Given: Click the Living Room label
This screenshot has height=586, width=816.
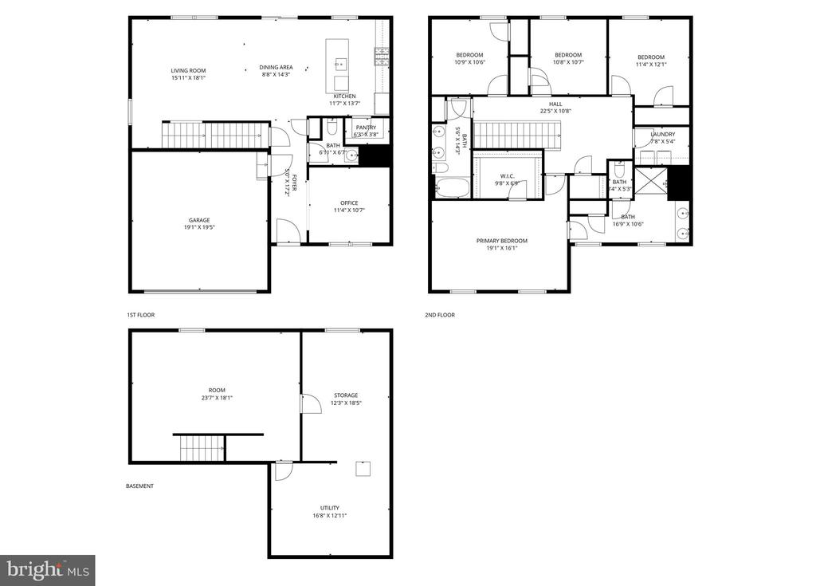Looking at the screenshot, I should pos(188,70).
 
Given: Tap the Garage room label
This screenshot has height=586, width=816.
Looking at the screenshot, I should pos(199,220).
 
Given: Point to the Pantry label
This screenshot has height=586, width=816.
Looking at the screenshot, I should pos(366,128).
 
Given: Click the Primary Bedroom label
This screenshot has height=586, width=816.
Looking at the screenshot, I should pos(501,241).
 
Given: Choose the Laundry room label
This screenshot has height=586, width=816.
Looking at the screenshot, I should pos(662,134).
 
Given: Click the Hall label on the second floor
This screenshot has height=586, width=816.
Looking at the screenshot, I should pos(555,104).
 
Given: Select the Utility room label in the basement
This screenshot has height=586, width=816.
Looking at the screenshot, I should pos(330,508).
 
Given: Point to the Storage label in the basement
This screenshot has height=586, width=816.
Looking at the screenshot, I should pos(345,395).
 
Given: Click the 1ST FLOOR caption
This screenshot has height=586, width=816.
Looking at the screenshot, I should pos(140,315).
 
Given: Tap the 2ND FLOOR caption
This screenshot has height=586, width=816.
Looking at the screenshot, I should pos(440,315).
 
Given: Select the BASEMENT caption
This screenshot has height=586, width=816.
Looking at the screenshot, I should pos(139,486).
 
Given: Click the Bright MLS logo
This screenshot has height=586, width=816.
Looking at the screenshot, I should pos(48,569).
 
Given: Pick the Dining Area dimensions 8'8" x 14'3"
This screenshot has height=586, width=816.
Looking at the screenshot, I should pos(275,74).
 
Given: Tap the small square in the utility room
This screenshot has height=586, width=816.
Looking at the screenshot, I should pos(363,468).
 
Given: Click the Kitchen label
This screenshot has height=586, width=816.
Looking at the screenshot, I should pos(344,96).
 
